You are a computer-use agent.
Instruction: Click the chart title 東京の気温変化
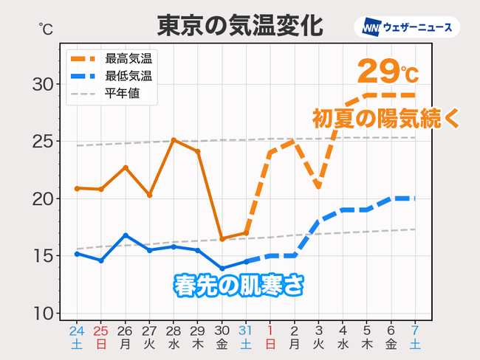[x=239, y=26]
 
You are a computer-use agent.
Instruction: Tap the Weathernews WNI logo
[x=407, y=27]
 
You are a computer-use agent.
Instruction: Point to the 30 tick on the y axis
[x=44, y=84]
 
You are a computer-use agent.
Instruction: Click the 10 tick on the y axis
[x=44, y=314]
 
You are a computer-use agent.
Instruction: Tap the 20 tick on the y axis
[x=44, y=199]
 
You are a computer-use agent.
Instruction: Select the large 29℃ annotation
[x=388, y=72]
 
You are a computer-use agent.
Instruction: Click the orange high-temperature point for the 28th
[x=174, y=139]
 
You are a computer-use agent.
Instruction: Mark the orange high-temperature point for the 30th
[x=222, y=239]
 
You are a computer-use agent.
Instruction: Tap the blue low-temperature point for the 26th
[x=126, y=235]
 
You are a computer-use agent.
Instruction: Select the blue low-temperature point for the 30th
[x=222, y=269]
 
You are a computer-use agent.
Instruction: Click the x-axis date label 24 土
[x=77, y=336]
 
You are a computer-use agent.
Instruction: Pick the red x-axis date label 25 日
[x=101, y=336]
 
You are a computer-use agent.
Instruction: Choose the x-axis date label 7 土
[x=415, y=336]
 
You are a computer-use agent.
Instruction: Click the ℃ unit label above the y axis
[x=45, y=30]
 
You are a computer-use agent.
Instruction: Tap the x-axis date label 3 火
[x=318, y=336]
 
